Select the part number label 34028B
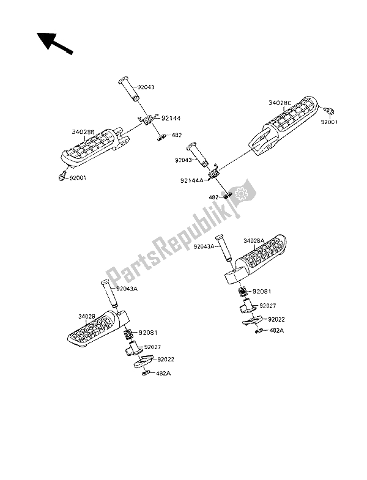click(83, 131)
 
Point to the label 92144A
click(192, 180)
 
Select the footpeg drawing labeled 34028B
click(101, 152)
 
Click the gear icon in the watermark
click(240, 195)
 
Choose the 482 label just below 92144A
click(214, 198)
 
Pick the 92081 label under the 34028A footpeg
click(263, 292)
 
